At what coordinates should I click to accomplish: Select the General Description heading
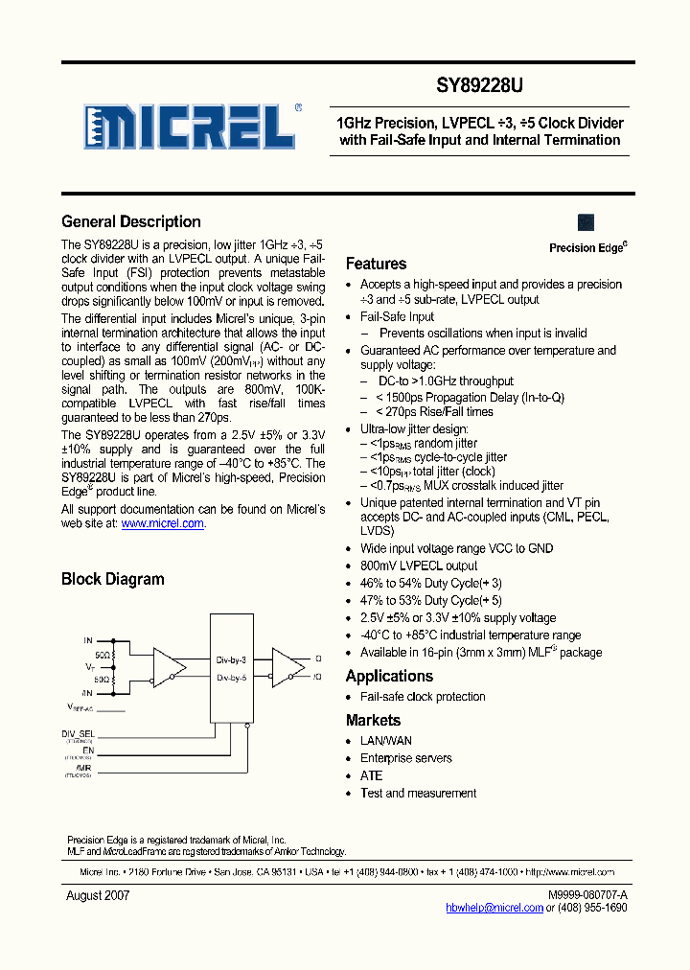(x=131, y=222)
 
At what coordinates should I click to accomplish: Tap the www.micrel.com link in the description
(x=163, y=524)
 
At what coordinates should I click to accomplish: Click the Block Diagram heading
(x=113, y=579)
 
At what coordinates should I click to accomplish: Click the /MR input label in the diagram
(x=85, y=768)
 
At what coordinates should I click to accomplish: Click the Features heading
(x=376, y=265)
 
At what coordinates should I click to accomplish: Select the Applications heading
(x=389, y=677)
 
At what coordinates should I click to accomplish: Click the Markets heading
(x=373, y=721)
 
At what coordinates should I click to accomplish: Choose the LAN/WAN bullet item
(x=386, y=741)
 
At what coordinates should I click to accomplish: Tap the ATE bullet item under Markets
(x=371, y=775)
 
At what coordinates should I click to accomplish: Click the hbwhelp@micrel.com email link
(x=494, y=908)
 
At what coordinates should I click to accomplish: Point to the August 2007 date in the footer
(x=98, y=895)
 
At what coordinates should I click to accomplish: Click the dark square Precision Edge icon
(x=586, y=222)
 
